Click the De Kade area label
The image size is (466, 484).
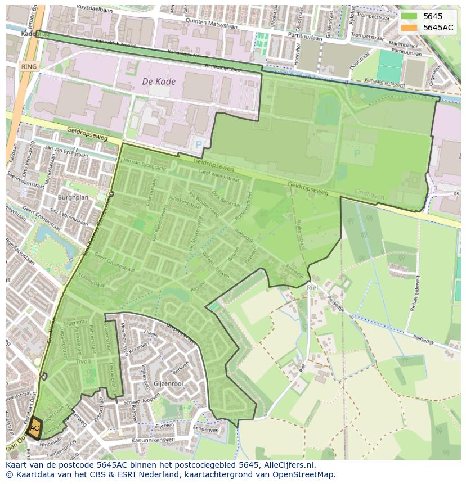click(159, 82)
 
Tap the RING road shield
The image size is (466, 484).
click(29, 66)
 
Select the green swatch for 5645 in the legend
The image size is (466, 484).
click(410, 16)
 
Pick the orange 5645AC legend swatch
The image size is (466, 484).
click(410, 28)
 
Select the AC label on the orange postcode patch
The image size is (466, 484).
click(34, 428)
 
